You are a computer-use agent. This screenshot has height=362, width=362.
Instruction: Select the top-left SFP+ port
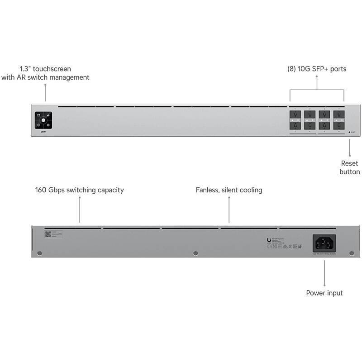[295, 115]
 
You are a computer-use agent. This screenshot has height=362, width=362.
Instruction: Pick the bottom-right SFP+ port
[339, 126]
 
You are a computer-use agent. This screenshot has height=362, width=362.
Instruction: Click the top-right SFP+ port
[339, 115]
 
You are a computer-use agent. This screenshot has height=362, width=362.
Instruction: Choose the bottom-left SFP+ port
[295, 126]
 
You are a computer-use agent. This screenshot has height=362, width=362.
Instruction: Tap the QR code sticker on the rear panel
[48, 234]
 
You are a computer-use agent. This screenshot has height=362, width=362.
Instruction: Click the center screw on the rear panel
[195, 253]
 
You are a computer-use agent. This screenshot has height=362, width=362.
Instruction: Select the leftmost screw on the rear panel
[40, 253]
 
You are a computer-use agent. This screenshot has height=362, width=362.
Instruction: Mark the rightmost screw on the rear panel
[351, 253]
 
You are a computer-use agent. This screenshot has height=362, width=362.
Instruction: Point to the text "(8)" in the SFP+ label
[292, 69]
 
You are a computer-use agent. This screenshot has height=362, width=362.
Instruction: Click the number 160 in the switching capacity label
[43, 190]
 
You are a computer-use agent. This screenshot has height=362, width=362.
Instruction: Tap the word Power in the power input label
[316, 293]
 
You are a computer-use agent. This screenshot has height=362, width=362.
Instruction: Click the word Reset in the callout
[349, 163]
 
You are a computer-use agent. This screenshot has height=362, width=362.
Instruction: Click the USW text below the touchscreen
[43, 132]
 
